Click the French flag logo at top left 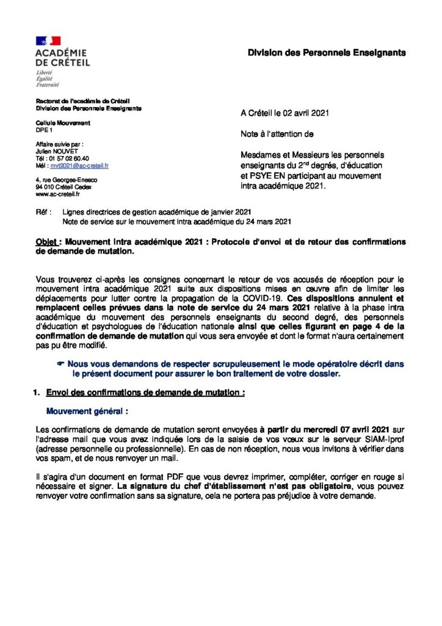48,40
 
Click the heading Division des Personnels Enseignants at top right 326,54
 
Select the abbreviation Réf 43,212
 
